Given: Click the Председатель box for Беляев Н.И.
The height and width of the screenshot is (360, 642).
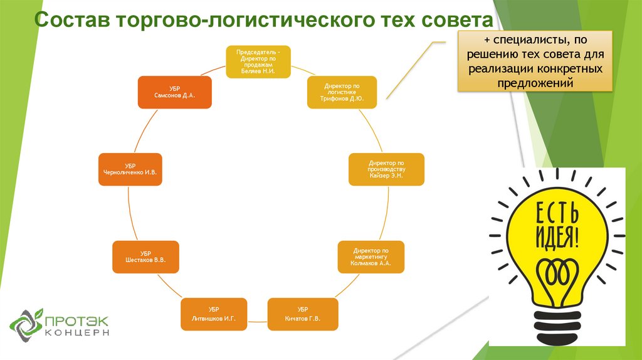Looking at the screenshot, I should pos(258,61).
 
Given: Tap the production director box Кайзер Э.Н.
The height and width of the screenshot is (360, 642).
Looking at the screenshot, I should pos(386,169).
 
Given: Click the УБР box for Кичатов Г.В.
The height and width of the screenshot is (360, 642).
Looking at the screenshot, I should pos(303,314).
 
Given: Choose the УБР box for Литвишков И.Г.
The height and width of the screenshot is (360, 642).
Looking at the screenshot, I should pos(213,314).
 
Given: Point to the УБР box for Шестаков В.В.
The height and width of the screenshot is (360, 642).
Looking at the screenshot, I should pos(145,257).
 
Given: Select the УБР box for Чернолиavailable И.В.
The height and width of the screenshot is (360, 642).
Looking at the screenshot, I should pos(130,169).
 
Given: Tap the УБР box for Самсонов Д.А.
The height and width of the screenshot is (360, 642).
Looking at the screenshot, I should pos(174,92).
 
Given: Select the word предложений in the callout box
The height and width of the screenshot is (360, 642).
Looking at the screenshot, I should pos(535,83).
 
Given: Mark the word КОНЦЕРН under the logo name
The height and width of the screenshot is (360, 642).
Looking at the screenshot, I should pos(78,333).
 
